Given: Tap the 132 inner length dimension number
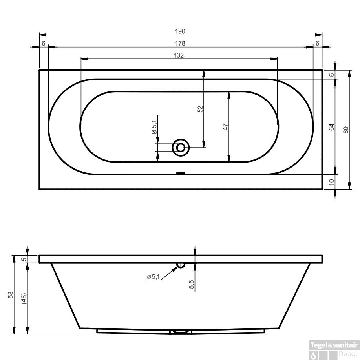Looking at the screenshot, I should pos(179,55).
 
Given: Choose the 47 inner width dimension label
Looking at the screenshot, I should pos(225,127).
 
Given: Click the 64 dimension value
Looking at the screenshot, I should pos(331,127).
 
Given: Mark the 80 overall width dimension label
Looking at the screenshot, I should pos(345,130).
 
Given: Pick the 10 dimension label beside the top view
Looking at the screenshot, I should pos(331,182).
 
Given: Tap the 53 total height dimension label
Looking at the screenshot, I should pos(10,294).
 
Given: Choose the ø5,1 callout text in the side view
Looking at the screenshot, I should pos(153,277).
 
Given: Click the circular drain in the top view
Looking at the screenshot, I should pos(181,148).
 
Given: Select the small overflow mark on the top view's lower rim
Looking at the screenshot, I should pos(181,172).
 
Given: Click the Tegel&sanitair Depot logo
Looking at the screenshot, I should pos(334,350).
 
